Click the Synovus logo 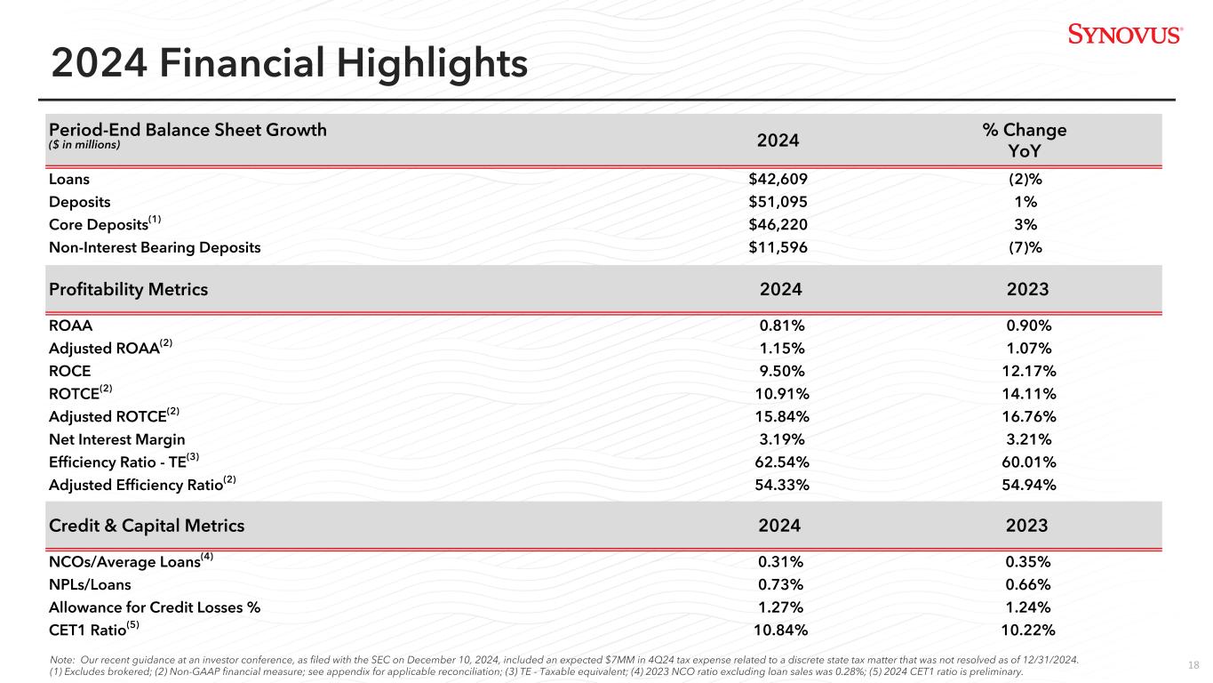[1125, 34]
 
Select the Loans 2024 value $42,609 [778, 179]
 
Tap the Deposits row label [80, 202]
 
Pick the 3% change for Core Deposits [1025, 224]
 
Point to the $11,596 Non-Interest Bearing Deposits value [778, 247]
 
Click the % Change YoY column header [1025, 140]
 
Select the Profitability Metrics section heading [128, 289]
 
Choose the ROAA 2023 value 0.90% [1029, 325]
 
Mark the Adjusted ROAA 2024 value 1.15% [782, 348]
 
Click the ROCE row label [70, 371]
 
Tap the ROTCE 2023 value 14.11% [1029, 394]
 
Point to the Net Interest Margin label [117, 439]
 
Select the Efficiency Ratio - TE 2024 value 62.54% [782, 462]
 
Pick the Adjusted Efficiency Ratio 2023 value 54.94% [1029, 485]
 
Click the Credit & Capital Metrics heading [147, 526]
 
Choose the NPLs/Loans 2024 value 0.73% [780, 584]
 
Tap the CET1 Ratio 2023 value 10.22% [1028, 630]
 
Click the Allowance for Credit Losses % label [155, 607]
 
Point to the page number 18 [1193, 665]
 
